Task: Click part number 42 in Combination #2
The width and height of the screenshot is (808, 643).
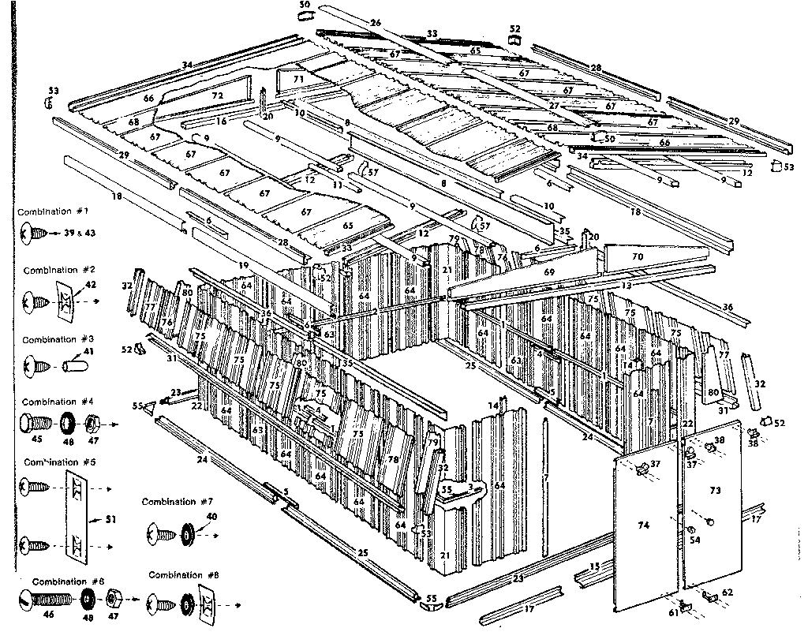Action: [x=90, y=284]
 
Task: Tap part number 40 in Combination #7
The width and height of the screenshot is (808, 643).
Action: [x=211, y=516]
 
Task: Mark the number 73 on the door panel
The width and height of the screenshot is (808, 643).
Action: [x=715, y=491]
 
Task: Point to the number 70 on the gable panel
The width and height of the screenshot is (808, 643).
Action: [x=638, y=256]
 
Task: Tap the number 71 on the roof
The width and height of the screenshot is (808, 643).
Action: [x=298, y=80]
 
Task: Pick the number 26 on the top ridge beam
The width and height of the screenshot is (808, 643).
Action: [x=376, y=23]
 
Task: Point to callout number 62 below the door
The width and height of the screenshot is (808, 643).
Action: [x=727, y=593]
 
